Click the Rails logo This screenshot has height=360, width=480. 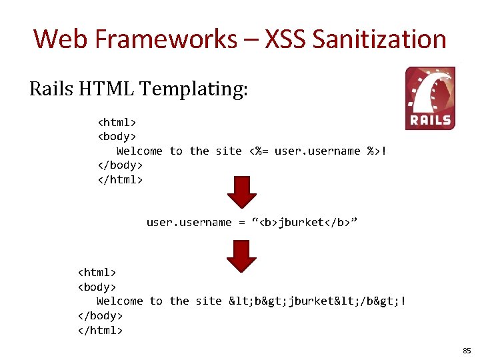[x=430, y=98]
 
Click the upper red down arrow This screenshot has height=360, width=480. [x=241, y=192]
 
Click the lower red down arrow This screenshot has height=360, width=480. [x=241, y=255]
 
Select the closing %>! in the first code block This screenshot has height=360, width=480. [x=377, y=151]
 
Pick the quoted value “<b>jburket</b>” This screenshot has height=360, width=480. [x=305, y=222]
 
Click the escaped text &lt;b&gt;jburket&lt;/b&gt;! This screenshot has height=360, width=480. [x=317, y=301]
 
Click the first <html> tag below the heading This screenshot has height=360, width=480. [x=117, y=123]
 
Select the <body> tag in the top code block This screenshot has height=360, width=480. [x=117, y=137]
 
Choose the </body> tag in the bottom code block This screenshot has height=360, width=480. [x=101, y=315]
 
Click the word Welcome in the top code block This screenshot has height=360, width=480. [x=139, y=151]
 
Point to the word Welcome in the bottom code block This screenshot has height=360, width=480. [x=119, y=301]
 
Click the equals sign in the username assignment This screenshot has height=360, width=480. [x=241, y=222]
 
